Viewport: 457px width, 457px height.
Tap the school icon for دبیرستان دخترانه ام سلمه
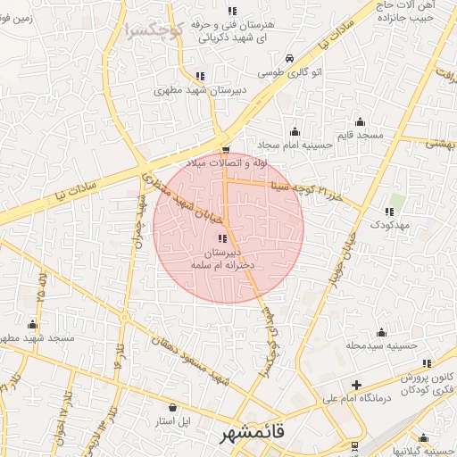(222, 237)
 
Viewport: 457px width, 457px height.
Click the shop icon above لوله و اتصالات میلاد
(225, 150)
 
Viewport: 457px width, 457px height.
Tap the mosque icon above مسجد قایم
(360, 121)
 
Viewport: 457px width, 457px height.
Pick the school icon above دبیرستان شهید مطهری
(198, 77)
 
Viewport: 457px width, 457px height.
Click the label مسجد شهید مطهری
(36, 338)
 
